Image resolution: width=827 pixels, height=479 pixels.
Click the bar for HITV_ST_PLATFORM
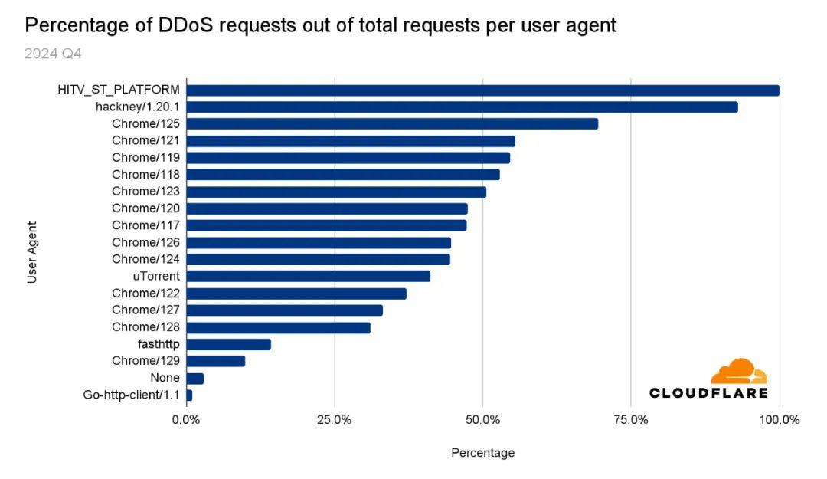[482, 90]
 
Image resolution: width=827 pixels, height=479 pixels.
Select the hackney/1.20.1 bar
[462, 107]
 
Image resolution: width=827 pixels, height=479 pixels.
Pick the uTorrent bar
[308, 276]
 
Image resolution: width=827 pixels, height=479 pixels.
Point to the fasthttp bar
[228, 344]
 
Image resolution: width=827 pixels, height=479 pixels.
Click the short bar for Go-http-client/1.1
[189, 395]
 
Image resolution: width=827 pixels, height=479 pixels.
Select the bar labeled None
[194, 378]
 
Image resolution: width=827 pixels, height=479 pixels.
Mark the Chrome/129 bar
[215, 361]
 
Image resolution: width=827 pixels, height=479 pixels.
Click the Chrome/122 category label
[145, 293]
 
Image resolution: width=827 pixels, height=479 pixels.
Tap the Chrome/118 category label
[145, 175]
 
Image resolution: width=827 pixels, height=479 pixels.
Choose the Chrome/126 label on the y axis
[145, 242]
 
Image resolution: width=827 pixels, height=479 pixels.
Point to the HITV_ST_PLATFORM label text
[119, 90]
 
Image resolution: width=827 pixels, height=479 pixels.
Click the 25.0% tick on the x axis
[335, 419]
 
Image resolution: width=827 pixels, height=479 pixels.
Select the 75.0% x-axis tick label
[630, 419]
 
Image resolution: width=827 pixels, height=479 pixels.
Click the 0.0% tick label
[186, 419]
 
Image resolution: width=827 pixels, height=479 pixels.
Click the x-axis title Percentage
[482, 453]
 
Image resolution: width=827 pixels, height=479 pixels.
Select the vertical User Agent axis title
[32, 253]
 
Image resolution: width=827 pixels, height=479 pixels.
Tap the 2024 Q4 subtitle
[53, 54]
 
